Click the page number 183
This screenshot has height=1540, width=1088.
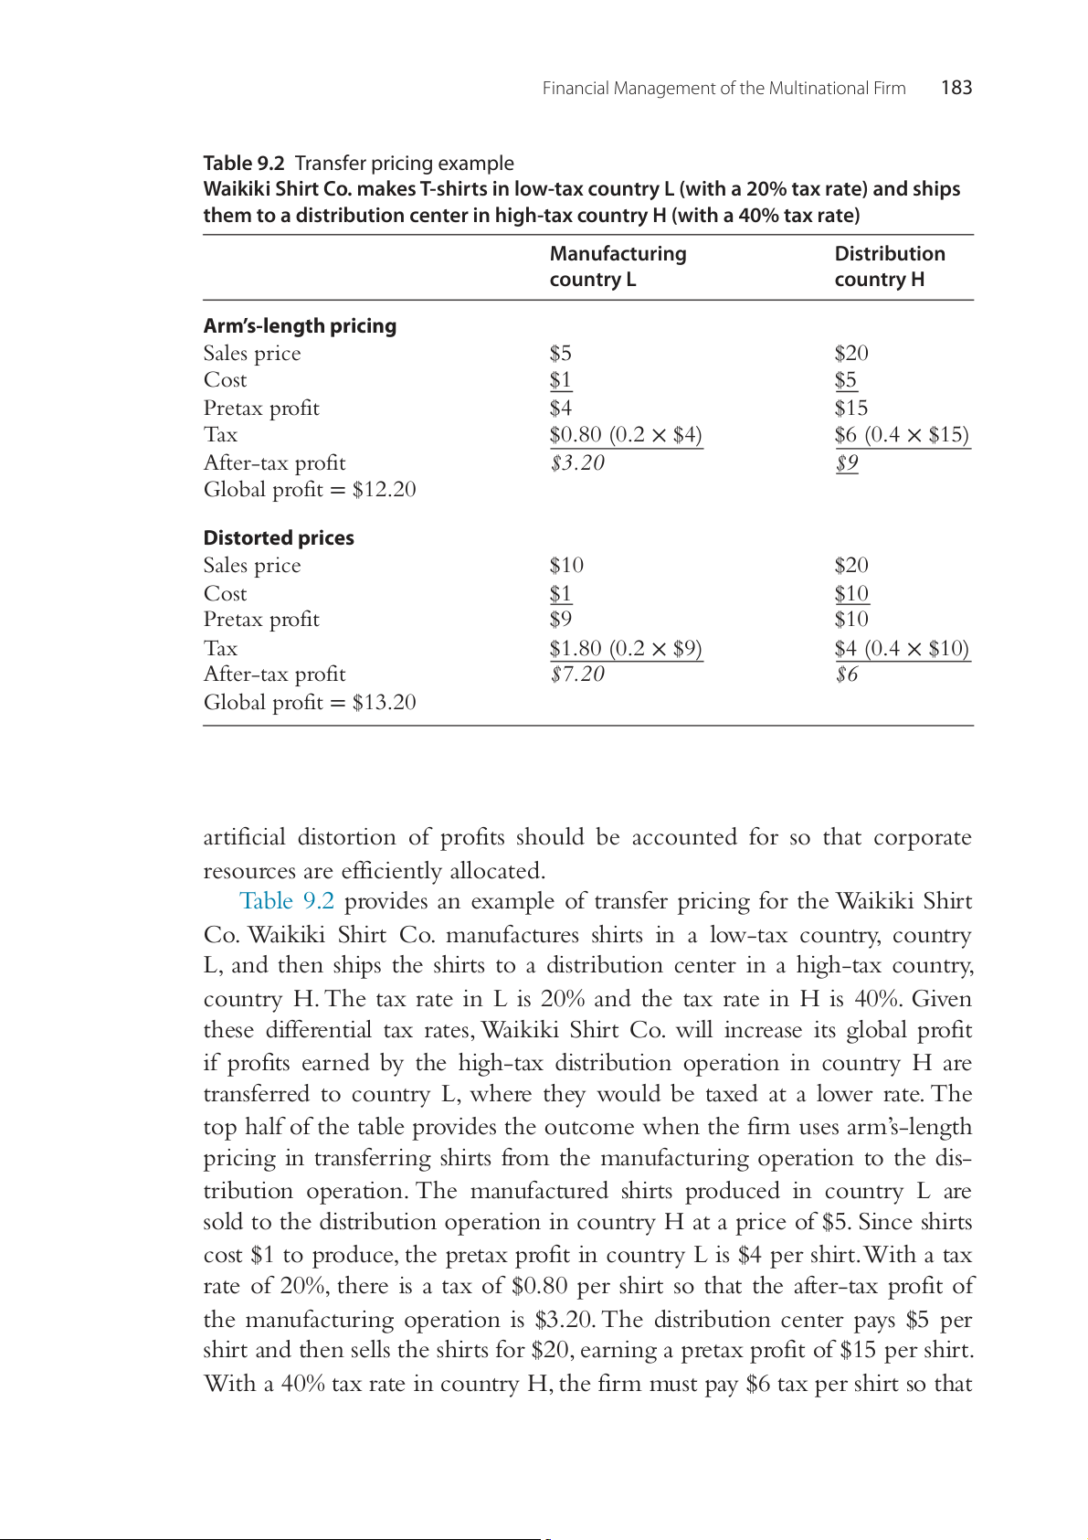tap(956, 88)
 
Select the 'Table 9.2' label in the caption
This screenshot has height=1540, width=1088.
tap(244, 164)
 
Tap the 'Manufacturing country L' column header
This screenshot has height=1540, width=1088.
tap(618, 266)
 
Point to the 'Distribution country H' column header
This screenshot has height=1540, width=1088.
tap(889, 266)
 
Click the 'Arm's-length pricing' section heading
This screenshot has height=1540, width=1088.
tap(300, 326)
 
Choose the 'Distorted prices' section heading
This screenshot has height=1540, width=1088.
tap(279, 538)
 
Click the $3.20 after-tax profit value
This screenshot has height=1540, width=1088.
tap(577, 462)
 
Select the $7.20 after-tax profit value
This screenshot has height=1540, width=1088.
tap(577, 674)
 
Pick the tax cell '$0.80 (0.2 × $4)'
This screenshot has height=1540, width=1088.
tap(626, 435)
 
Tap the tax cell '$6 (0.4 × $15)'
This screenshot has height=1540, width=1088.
tap(901, 435)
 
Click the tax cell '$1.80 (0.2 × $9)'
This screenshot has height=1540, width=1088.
tap(626, 648)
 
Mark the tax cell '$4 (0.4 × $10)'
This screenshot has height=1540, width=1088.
tap(901, 648)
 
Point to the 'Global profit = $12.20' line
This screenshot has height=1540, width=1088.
tap(310, 490)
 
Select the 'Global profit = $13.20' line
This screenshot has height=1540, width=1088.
tap(310, 702)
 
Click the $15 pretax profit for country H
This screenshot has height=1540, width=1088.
tap(850, 408)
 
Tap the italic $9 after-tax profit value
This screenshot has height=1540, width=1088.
tap(847, 462)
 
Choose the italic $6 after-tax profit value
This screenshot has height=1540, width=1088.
tap(847, 674)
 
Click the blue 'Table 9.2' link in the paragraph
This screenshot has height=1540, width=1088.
tap(286, 901)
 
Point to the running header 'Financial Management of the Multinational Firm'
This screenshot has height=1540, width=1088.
tap(724, 89)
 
